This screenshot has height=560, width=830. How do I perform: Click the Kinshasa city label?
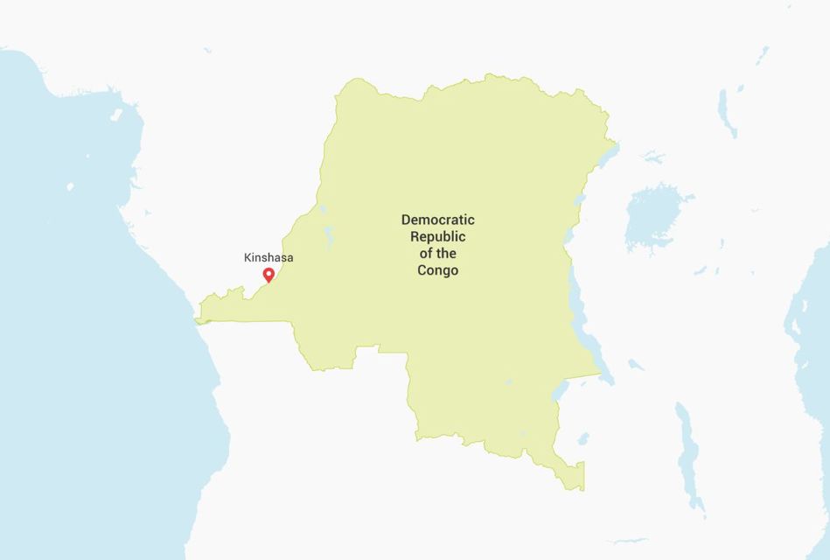coord(269,258)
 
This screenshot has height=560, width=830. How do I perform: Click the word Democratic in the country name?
coord(437,220)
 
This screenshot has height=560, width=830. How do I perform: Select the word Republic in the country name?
coord(437,236)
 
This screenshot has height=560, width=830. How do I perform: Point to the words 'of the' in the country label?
coord(437,254)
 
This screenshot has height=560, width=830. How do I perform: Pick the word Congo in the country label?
coord(437,270)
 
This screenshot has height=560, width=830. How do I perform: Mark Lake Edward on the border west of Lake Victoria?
coord(579,200)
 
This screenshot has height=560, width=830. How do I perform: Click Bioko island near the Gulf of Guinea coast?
coord(116,114)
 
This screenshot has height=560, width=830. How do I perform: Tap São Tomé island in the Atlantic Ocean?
coord(70,186)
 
